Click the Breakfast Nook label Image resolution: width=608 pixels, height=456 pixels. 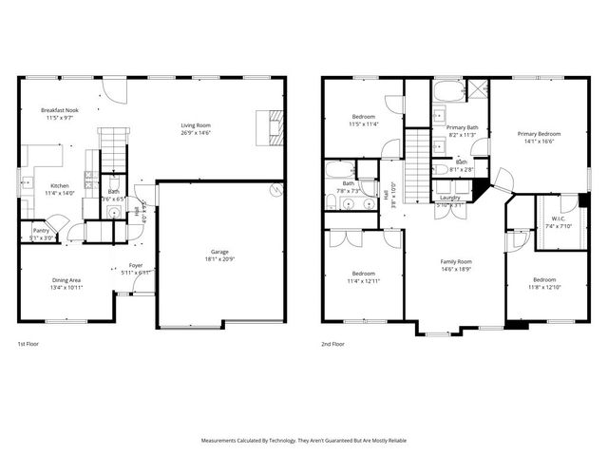(x=58, y=110)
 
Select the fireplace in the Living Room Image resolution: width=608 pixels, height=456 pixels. (x=272, y=126)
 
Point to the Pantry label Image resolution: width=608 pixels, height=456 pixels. (x=41, y=230)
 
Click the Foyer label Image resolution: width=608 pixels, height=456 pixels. (x=136, y=265)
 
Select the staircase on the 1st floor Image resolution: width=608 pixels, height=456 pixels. (x=113, y=147)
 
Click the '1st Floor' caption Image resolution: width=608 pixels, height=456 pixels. (x=28, y=344)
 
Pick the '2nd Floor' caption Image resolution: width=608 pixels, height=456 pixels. (x=332, y=344)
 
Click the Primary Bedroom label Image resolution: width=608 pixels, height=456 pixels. (x=539, y=134)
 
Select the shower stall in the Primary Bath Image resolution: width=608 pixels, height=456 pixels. (x=478, y=91)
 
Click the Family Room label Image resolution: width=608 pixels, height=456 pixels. (x=455, y=261)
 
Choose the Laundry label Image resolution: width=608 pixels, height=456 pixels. (x=449, y=198)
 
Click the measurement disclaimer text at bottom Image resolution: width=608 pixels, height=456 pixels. (x=304, y=441)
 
